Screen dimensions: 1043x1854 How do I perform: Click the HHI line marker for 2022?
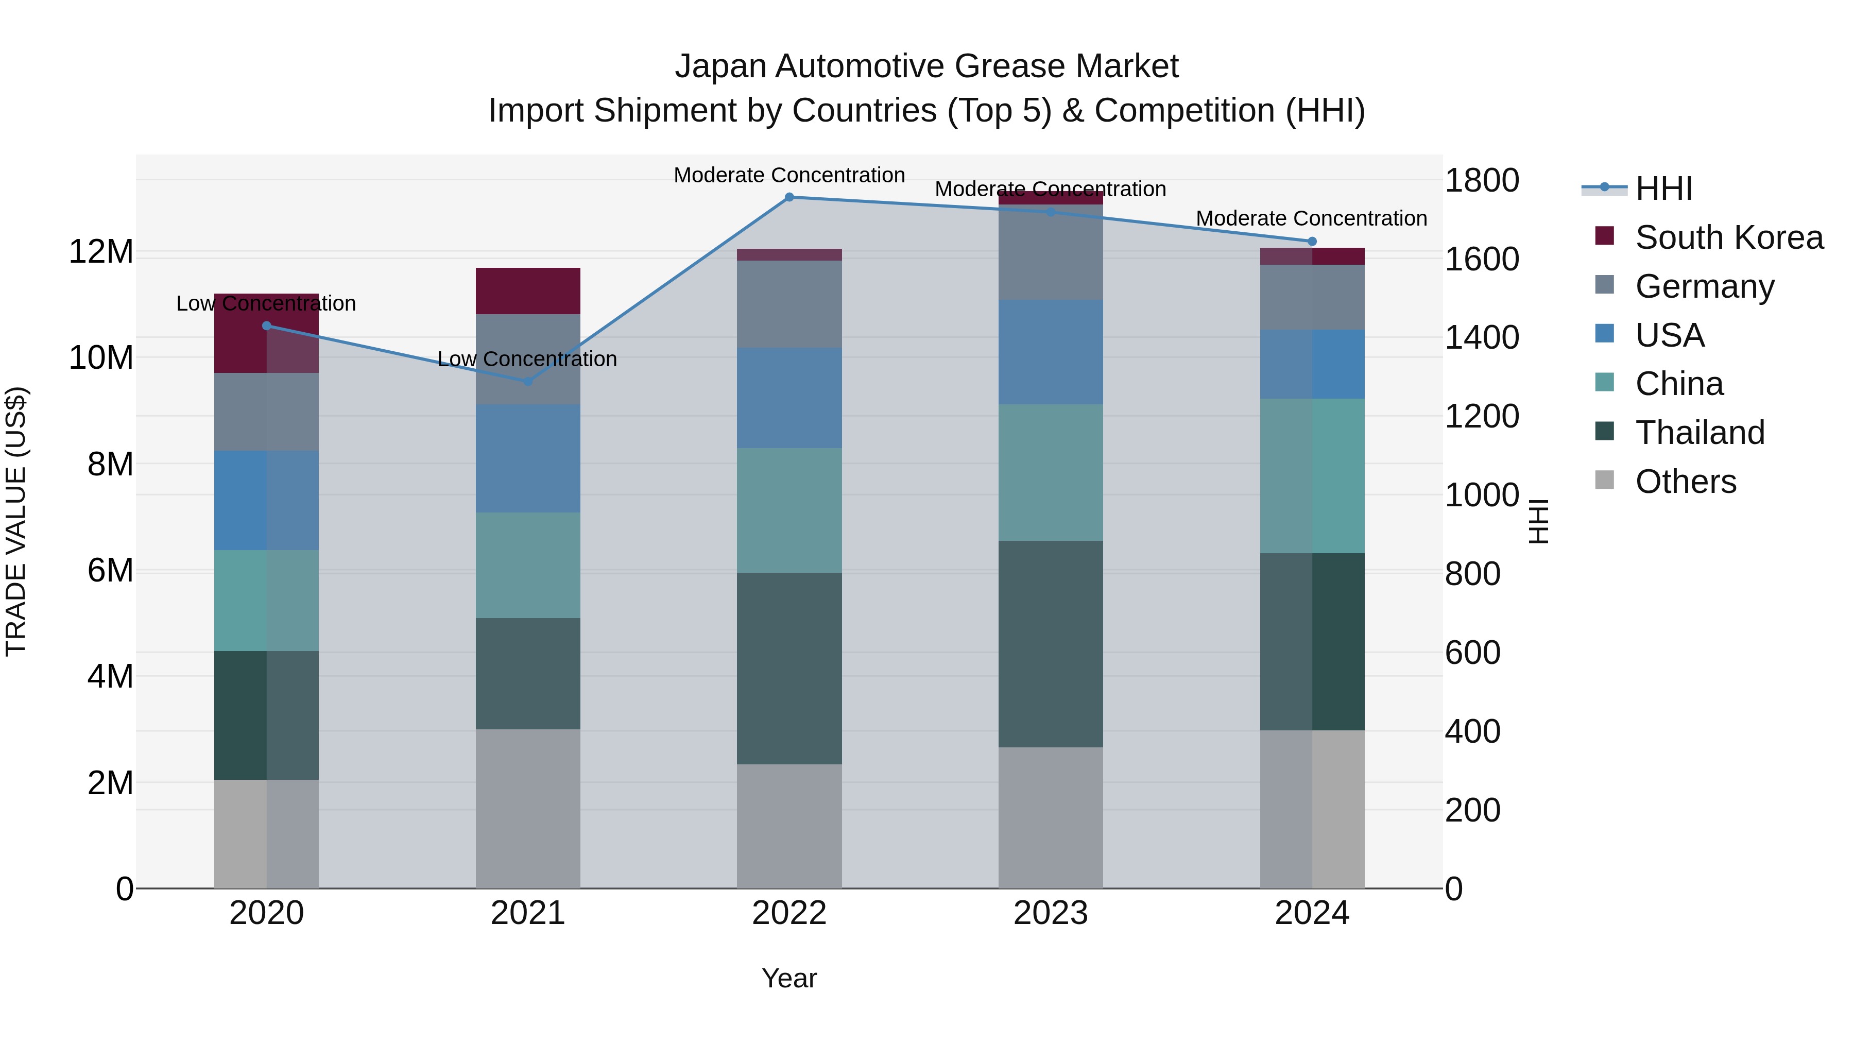(x=789, y=197)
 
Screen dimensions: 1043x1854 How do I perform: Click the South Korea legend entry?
(x=1729, y=237)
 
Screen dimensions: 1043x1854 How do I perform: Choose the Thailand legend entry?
(x=1699, y=433)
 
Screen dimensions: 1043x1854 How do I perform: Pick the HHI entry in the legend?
(x=1663, y=189)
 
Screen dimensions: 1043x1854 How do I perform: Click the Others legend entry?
(x=1685, y=482)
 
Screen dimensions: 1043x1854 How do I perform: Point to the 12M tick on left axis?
(x=101, y=252)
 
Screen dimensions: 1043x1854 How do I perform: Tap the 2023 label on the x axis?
(x=1050, y=913)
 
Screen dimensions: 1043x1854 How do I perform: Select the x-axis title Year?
(x=789, y=978)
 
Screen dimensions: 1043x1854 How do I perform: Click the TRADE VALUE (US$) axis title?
(x=16, y=521)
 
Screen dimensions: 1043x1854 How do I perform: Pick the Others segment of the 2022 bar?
(x=789, y=826)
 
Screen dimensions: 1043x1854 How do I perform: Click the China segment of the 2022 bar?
(x=789, y=510)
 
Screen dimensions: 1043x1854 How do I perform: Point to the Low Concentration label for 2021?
(x=527, y=358)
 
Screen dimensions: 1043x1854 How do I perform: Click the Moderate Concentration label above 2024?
(x=1311, y=218)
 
